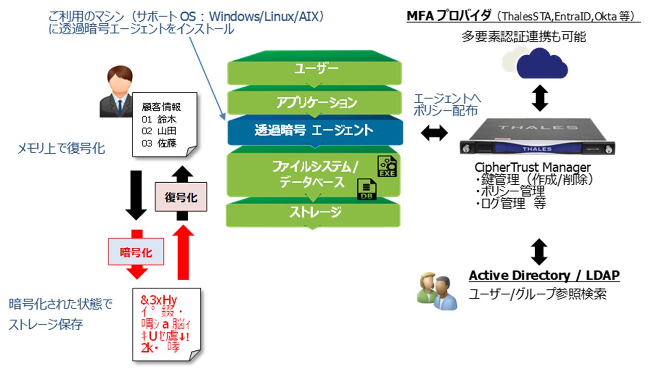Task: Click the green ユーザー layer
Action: (x=314, y=68)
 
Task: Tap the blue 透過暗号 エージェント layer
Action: (x=314, y=130)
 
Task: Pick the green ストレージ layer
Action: (x=314, y=212)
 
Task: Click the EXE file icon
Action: (x=386, y=166)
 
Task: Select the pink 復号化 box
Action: (x=181, y=197)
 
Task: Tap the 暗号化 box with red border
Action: (x=135, y=252)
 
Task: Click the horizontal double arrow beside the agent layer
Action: (x=434, y=133)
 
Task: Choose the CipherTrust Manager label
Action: (x=532, y=168)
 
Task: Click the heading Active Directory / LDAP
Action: (x=543, y=276)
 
